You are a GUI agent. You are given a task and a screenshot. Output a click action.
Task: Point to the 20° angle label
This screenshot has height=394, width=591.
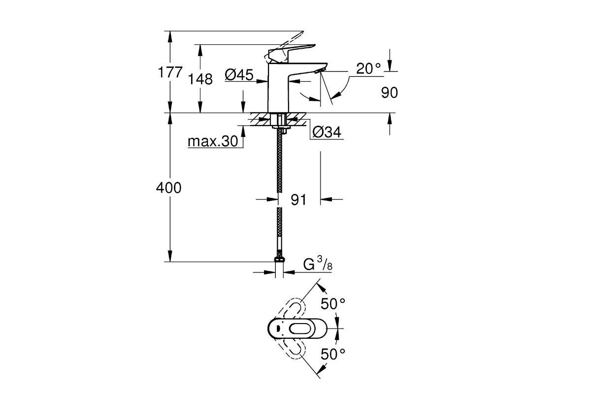click(369, 69)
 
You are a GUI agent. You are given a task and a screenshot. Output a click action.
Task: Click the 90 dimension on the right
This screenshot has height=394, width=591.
click(389, 93)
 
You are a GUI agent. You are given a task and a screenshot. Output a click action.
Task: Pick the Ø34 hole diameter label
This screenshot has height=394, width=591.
click(327, 132)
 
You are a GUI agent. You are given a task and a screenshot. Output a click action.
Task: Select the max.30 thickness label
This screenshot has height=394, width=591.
click(213, 142)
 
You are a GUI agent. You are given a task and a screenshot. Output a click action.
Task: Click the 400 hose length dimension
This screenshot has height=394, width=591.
click(168, 188)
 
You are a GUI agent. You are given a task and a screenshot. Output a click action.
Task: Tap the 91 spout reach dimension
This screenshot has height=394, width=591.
click(298, 200)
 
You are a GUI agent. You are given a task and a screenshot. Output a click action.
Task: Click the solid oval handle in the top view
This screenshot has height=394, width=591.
click(295, 329)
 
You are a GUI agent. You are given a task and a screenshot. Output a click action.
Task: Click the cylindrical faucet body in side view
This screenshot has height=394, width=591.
click(278, 94)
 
